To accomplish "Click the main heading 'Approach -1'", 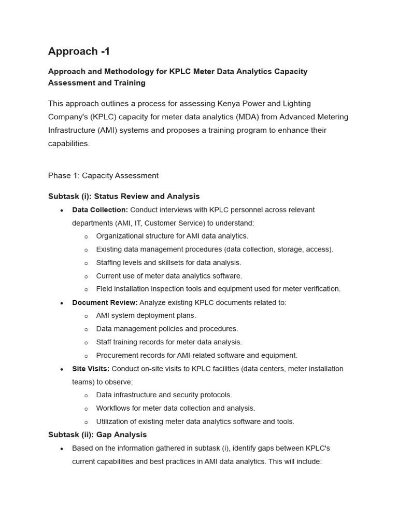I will pos(79,51).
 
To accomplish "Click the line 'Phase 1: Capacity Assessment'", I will pos(103,176).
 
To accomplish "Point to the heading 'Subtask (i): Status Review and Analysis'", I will pos(124,197).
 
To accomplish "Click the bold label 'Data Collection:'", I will pos(100,210).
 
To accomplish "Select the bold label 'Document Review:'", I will pos(105,302).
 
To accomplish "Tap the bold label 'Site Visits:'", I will pos(91,369).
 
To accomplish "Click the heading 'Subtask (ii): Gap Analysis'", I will pos(97,435).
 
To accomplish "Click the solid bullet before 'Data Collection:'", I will pos(62,211).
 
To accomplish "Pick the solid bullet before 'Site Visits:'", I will pos(62,369).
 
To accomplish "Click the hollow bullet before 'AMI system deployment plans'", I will pos(86,316).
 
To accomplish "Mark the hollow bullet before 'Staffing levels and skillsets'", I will pos(86,263).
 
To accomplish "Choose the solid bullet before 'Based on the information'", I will pos(62,449).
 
